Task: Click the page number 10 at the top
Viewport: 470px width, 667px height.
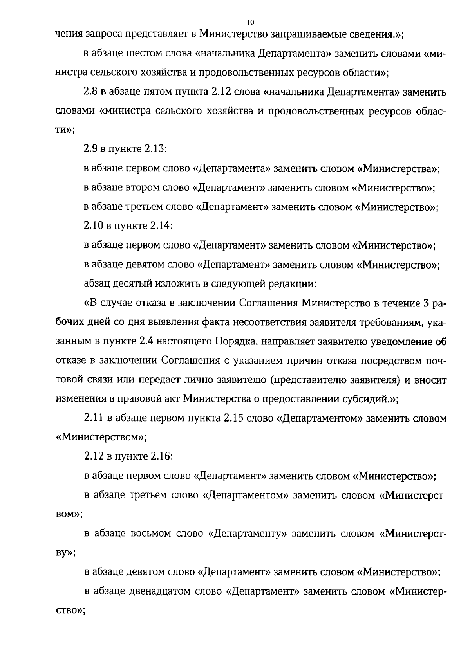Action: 251,22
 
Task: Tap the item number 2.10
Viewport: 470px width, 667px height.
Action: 93,226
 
